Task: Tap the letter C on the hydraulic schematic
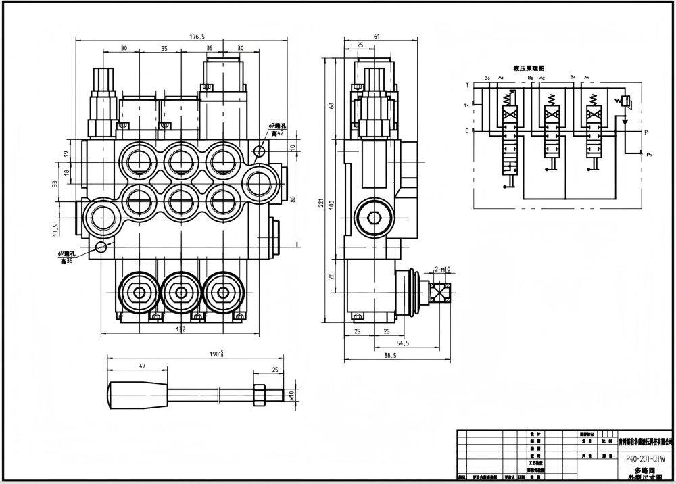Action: coord(466,130)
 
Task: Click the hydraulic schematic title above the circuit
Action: coord(529,69)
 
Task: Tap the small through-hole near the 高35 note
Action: coord(102,247)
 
